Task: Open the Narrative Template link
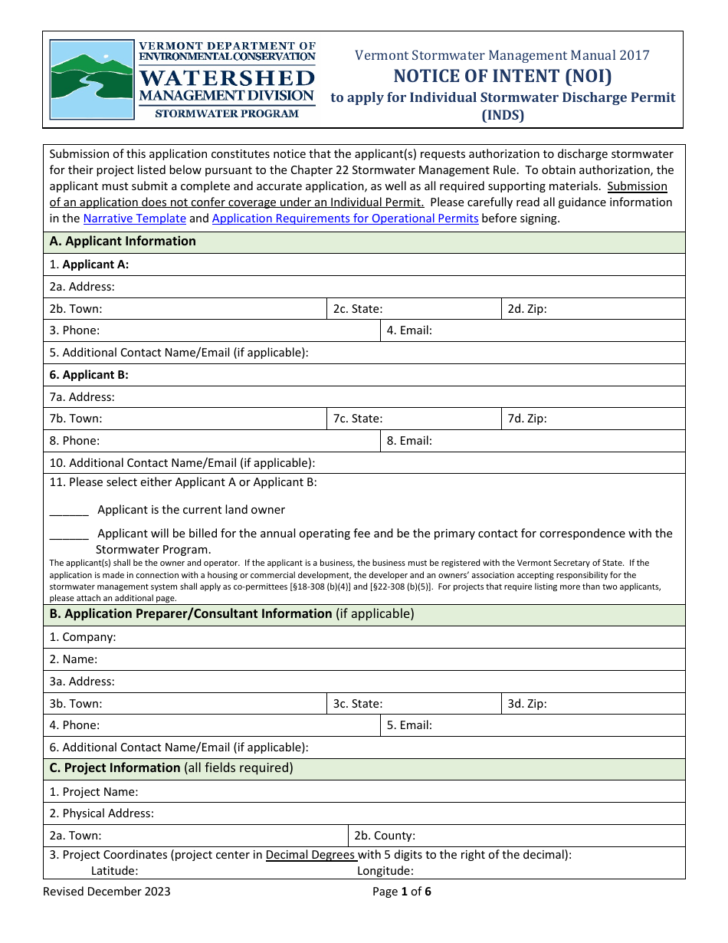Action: (135, 219)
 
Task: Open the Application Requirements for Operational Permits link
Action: (345, 219)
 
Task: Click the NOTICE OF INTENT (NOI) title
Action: (503, 76)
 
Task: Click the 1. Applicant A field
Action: (383, 264)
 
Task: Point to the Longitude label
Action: (385, 871)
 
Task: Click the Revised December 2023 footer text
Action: (107, 891)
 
